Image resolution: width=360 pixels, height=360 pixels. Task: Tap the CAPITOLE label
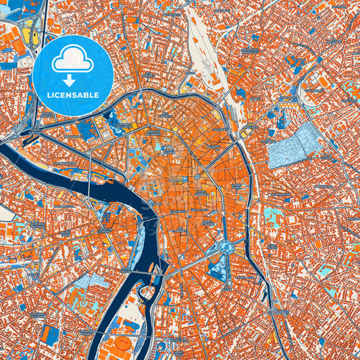pyautogui.click(x=177, y=180)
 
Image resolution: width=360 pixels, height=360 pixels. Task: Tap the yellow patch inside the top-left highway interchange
pyautogui.click(x=29, y=34)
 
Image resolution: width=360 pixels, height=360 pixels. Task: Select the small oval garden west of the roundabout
pyautogui.click(x=207, y=247)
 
